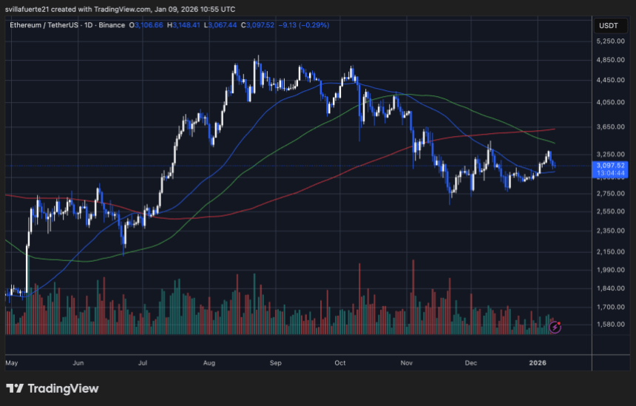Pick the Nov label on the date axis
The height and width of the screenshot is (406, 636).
coord(406,363)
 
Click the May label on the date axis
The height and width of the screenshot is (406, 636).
coord(11,363)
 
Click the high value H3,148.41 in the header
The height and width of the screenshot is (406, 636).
coord(184,25)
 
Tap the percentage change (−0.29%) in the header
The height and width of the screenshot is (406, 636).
coord(314,25)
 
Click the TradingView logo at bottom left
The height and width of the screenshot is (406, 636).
coord(52,388)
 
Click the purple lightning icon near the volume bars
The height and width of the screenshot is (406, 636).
coord(555,325)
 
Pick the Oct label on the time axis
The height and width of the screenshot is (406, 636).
coord(341,363)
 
